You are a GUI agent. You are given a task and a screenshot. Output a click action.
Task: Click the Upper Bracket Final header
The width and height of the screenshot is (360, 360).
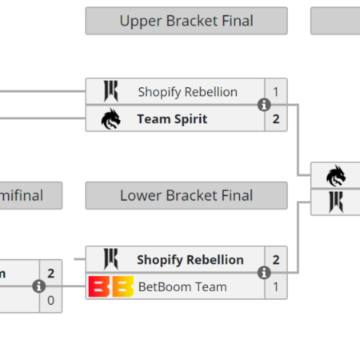pyautogui.click(x=186, y=21)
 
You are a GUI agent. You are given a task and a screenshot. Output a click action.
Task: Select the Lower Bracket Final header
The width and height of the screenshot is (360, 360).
pyautogui.click(x=186, y=195)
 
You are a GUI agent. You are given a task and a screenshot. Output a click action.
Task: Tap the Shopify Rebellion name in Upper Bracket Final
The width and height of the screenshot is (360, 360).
pyautogui.click(x=187, y=92)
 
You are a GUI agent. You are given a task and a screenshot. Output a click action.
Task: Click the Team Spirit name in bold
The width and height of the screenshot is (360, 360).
pyautogui.click(x=172, y=119)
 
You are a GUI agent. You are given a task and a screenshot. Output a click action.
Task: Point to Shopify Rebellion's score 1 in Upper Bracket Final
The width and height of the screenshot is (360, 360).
pyautogui.click(x=276, y=92)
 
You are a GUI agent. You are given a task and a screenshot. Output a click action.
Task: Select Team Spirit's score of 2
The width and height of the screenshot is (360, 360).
pyautogui.click(x=276, y=119)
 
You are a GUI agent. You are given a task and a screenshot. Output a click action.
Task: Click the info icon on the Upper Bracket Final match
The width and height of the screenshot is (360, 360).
pyautogui.click(x=263, y=106)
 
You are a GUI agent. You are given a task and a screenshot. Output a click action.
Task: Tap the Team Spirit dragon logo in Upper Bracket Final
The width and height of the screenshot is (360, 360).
pyautogui.click(x=110, y=119)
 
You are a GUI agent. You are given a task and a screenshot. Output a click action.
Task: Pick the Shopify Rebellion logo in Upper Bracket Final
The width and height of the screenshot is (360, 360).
pyautogui.click(x=110, y=92)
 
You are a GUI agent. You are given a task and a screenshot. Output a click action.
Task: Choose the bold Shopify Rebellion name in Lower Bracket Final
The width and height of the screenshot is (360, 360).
pyautogui.click(x=190, y=259)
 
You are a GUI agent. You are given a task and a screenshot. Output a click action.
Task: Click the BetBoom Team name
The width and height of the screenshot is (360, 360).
pyautogui.click(x=182, y=286)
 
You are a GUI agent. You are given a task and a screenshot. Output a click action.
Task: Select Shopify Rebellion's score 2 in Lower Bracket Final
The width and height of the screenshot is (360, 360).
pyautogui.click(x=276, y=259)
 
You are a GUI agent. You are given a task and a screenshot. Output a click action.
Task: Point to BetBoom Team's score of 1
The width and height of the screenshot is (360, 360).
pyautogui.click(x=276, y=286)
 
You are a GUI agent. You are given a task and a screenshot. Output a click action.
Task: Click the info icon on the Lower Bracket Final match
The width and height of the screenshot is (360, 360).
pyautogui.click(x=263, y=273)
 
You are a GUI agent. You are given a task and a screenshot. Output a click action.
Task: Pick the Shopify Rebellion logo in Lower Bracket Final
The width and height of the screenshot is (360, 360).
pyautogui.click(x=110, y=259)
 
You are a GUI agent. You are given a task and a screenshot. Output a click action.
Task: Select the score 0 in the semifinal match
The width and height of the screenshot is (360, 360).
pyautogui.click(x=51, y=300)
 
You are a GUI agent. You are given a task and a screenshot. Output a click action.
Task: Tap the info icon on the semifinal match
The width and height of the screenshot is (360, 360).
pyautogui.click(x=38, y=286)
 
